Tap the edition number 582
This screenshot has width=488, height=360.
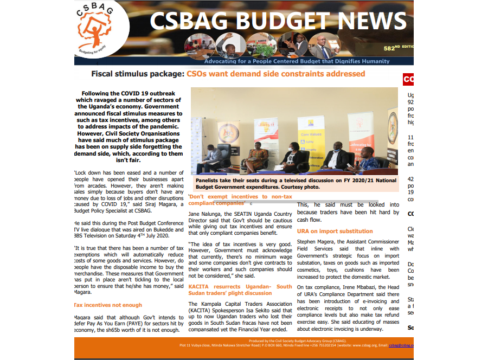[x=389, y=48]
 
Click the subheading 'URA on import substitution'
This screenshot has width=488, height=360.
[x=335, y=231]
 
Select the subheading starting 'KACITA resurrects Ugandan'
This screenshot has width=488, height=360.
[x=239, y=290]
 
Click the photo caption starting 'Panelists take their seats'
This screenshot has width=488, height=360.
[x=296, y=183]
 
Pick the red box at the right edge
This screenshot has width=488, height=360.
[x=408, y=80]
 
